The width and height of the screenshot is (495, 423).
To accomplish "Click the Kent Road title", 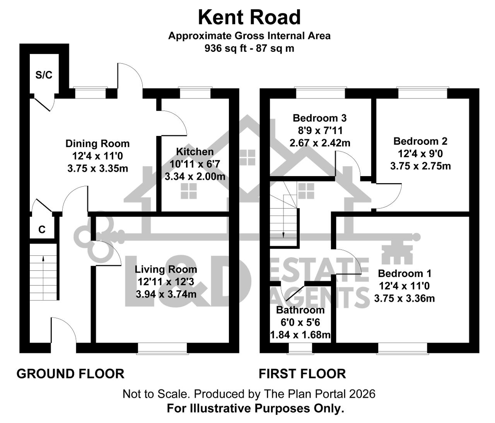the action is [249, 17].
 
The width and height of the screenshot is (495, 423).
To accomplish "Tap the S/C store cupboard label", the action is [44, 75].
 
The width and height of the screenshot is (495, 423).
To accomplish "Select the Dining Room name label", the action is [98, 144].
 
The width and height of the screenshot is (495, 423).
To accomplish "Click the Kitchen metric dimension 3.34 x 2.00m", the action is [195, 177].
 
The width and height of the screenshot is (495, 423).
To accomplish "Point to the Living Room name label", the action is [166, 269].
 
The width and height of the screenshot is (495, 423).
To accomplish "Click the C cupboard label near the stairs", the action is [42, 230].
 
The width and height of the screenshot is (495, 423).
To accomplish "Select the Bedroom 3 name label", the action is [320, 118].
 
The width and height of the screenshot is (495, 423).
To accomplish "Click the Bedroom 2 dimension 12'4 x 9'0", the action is [420, 154].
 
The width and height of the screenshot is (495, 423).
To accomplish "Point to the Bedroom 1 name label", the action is [405, 274].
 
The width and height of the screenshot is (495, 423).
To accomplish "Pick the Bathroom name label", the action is [300, 310].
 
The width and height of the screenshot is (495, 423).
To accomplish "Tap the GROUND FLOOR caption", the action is [70, 374].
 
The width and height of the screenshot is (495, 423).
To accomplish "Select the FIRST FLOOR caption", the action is [302, 374].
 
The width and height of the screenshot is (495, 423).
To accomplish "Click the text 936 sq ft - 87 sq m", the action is [249, 49].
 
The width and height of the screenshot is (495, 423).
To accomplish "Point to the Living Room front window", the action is [162, 349].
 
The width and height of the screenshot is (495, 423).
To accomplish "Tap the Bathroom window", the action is [300, 349].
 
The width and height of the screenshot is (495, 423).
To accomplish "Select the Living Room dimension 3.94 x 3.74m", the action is [166, 294].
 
